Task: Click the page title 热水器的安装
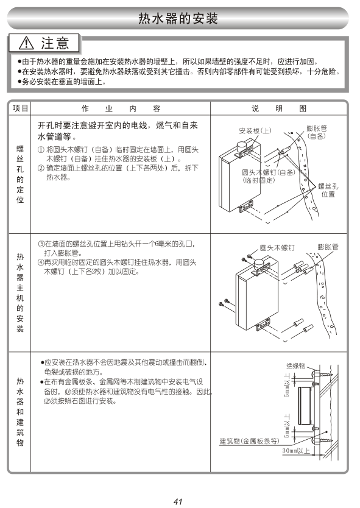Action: tap(178, 18)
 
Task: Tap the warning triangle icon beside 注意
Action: tap(26, 43)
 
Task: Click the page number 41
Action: tap(178, 501)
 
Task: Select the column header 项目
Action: tap(20, 108)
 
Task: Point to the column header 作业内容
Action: tap(121, 108)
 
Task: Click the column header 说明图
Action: tap(279, 108)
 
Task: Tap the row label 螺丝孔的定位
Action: tap(20, 174)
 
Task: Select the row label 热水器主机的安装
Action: tap(20, 292)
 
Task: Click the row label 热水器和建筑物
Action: tap(20, 411)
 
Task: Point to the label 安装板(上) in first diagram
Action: tap(255, 130)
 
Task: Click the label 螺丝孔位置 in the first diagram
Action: tap(328, 190)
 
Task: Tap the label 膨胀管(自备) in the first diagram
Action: tap(317, 132)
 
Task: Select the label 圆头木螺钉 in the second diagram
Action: tap(277, 248)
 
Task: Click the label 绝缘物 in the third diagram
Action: tap(296, 366)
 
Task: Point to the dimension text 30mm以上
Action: tap(296, 451)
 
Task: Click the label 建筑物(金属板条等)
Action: tap(249, 441)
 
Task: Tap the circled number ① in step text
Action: tap(41, 150)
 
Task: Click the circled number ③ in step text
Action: tap(41, 244)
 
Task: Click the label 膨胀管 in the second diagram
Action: tap(328, 247)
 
